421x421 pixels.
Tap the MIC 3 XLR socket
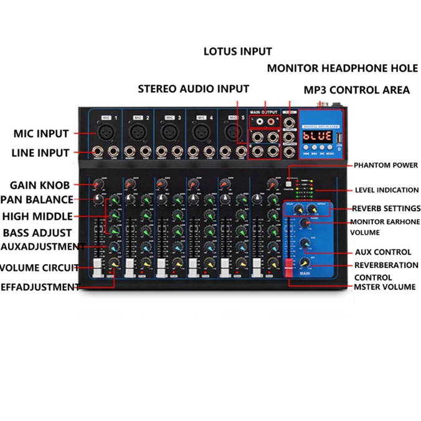(x=168, y=131)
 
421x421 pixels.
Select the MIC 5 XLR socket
(x=232, y=131)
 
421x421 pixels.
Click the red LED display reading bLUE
(x=318, y=135)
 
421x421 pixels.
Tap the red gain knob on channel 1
(x=98, y=185)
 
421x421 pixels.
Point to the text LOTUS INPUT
(x=238, y=51)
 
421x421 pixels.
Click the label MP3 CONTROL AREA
(x=356, y=90)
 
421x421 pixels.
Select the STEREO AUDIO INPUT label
(x=193, y=89)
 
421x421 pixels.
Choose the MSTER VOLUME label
(x=384, y=287)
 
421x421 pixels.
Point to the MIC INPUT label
(x=40, y=133)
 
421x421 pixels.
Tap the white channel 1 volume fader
(x=98, y=266)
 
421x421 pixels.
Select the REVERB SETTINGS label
(x=386, y=208)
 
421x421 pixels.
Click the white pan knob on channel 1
(x=98, y=200)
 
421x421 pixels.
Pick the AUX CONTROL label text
(x=383, y=252)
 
